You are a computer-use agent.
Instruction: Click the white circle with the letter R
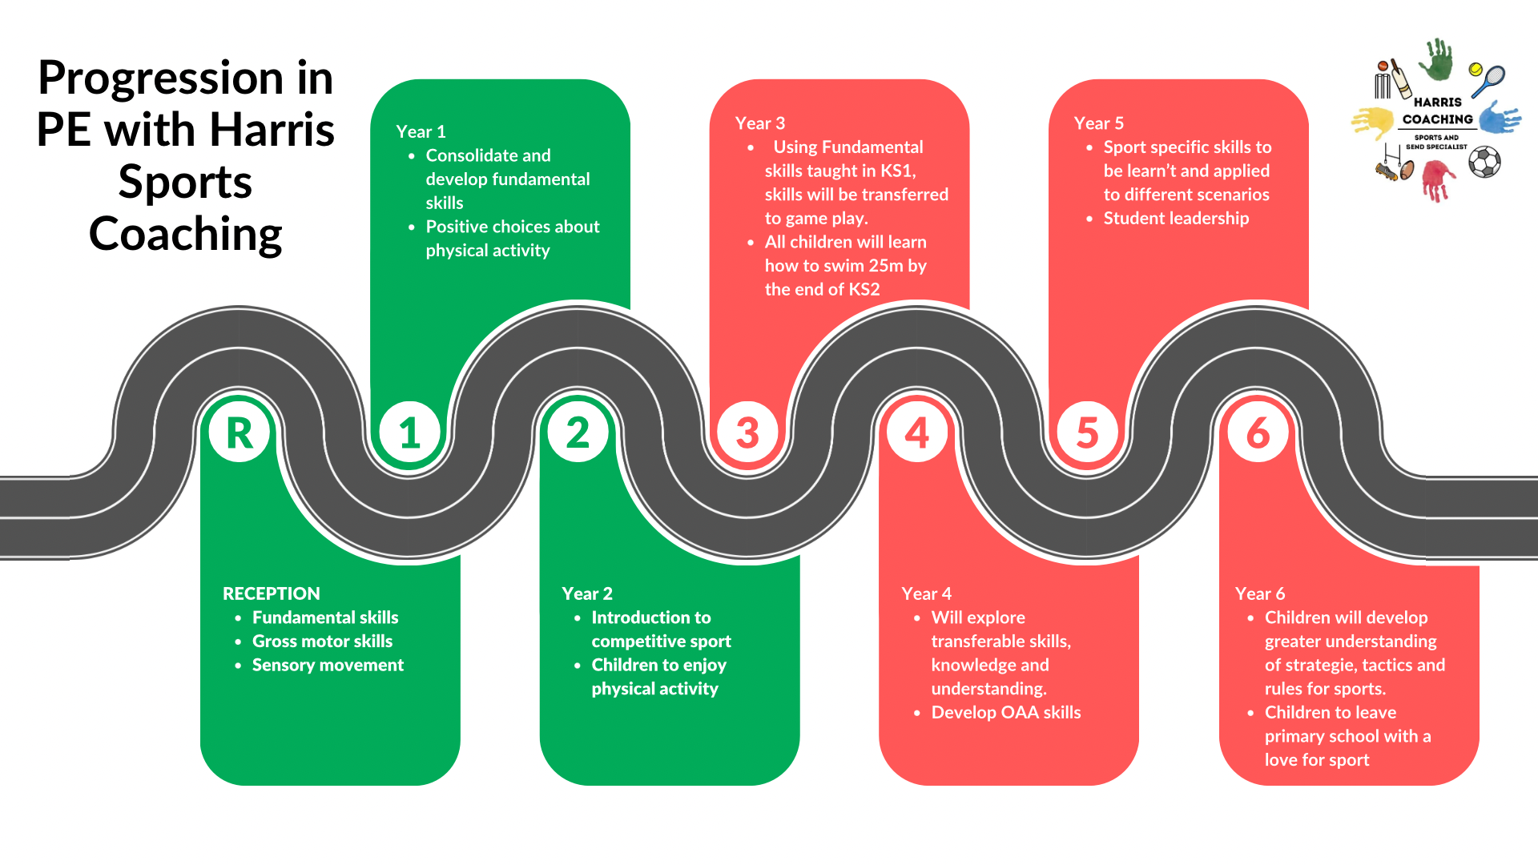click(x=239, y=432)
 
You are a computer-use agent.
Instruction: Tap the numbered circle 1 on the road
click(x=409, y=432)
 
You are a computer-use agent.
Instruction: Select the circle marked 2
click(x=578, y=432)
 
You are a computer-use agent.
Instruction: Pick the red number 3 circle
click(x=747, y=432)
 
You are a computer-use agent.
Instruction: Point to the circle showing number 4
click(x=917, y=432)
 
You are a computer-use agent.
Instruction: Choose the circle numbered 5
click(x=1087, y=432)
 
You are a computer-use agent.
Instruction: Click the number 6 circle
click(x=1258, y=432)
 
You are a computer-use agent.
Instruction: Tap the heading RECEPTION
click(x=271, y=593)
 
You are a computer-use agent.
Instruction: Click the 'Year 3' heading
click(x=759, y=123)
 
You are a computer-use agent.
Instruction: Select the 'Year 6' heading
click(x=1259, y=593)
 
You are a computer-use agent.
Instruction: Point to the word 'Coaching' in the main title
click(x=185, y=234)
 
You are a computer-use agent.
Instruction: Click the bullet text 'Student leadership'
click(x=1175, y=218)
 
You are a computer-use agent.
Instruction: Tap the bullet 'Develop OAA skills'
click(x=1005, y=712)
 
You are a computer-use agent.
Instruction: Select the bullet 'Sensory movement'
click(x=327, y=665)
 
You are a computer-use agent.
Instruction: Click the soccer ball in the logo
click(x=1484, y=163)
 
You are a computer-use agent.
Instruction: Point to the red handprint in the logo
click(x=1438, y=179)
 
